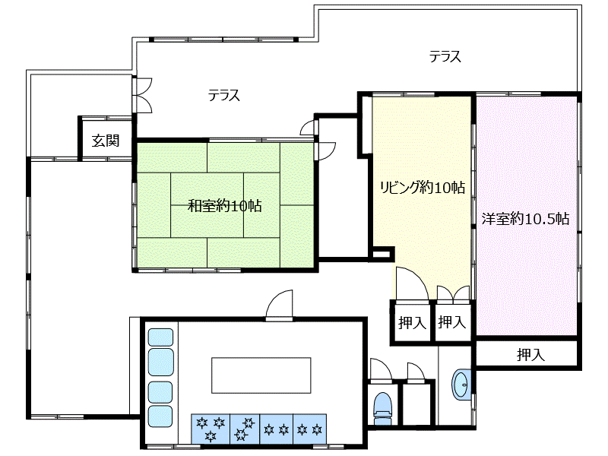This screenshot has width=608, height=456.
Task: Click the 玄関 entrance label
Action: [x=106, y=141]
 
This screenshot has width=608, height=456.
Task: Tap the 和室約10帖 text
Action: [x=224, y=205]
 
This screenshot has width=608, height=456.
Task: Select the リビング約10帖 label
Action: [x=423, y=188]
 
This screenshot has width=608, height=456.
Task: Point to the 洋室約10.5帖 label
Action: [x=525, y=219]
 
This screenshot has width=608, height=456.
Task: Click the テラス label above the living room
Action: [x=445, y=56]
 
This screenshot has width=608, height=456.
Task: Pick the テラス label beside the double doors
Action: [x=223, y=96]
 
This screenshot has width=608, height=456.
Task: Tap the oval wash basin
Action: [x=461, y=385]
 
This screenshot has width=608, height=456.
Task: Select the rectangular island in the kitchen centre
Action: [x=261, y=375]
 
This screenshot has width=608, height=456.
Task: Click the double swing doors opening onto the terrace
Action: [x=142, y=96]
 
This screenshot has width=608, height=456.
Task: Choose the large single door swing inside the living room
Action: [x=412, y=283]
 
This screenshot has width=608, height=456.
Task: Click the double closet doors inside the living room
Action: [x=453, y=294]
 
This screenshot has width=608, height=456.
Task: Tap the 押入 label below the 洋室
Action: [x=530, y=355]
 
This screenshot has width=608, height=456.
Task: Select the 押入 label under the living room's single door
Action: [x=412, y=322]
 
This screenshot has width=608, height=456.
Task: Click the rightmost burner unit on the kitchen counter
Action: [x=309, y=429]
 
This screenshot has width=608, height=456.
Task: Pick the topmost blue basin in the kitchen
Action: [x=160, y=337]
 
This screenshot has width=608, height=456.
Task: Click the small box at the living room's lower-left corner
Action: [x=382, y=255]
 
